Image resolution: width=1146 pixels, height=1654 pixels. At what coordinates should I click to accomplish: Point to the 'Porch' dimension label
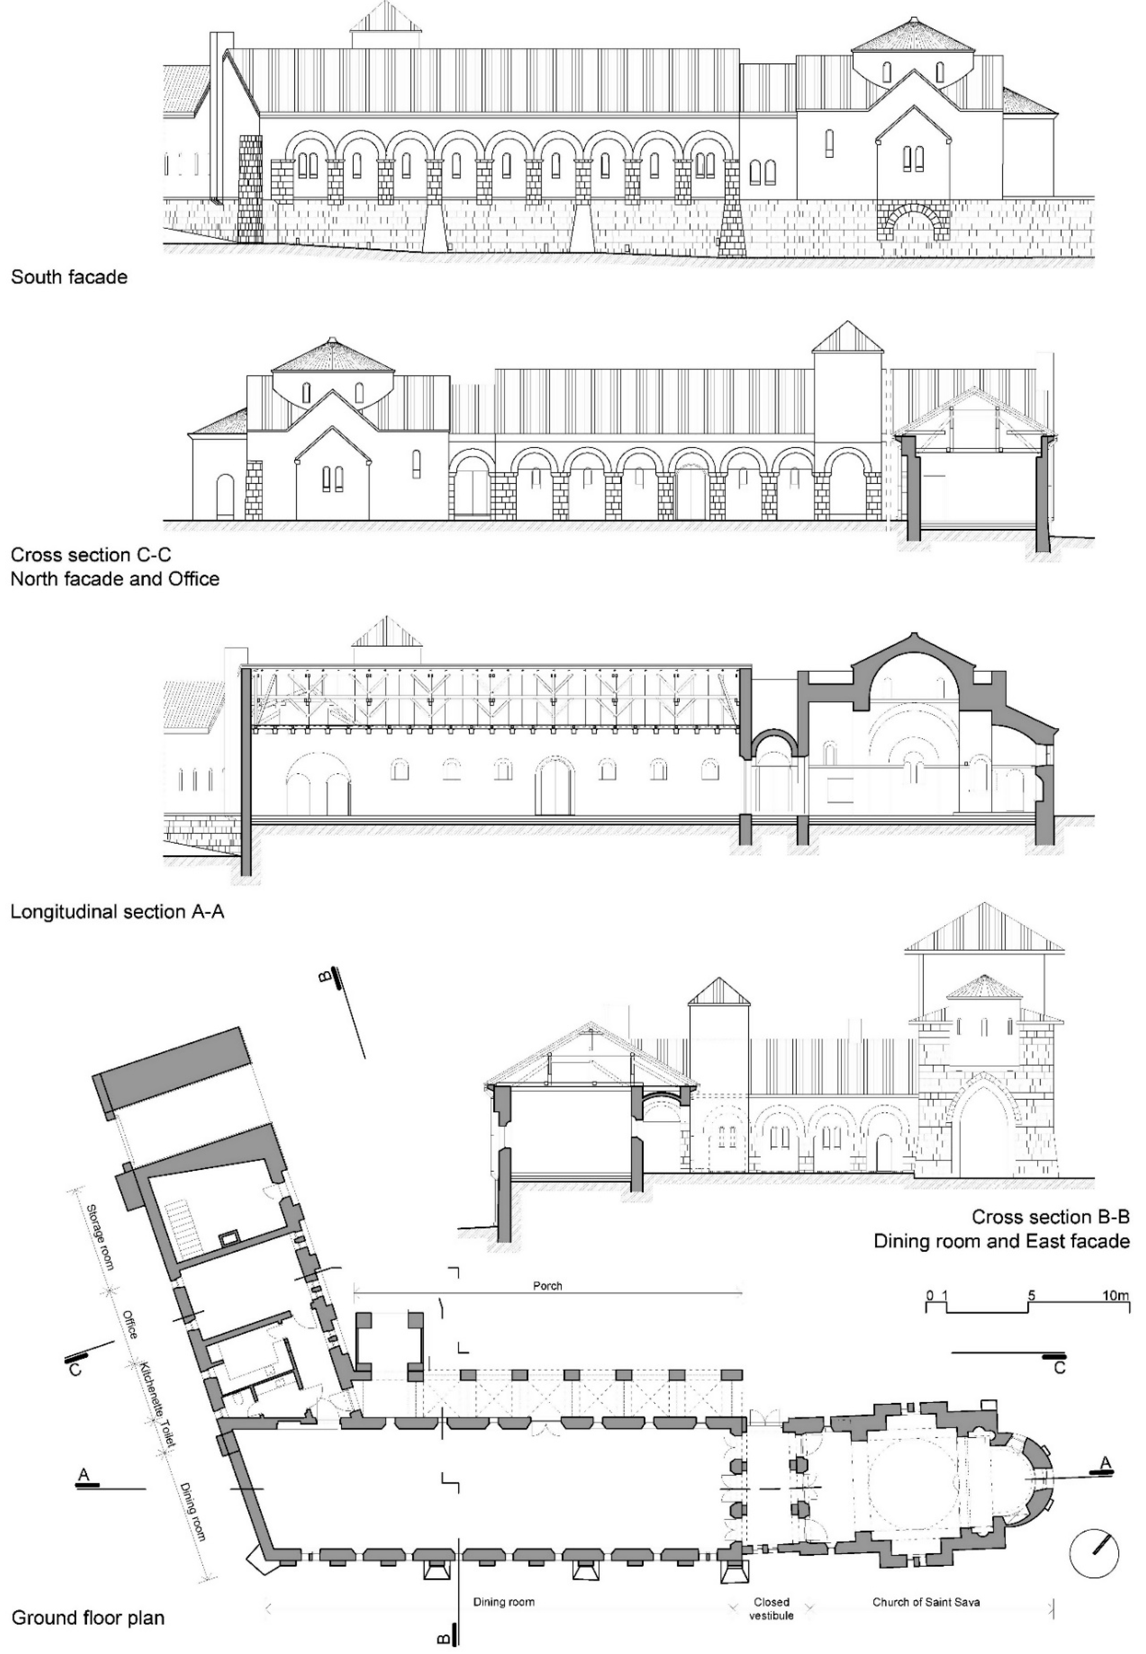click(547, 1286)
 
